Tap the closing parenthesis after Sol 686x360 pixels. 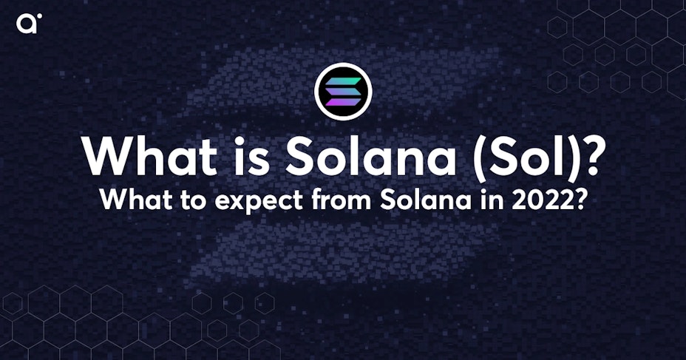coord(571,158)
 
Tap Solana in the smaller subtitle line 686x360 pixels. coord(426,200)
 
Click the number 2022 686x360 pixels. coord(541,200)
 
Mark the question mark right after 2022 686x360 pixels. coord(579,200)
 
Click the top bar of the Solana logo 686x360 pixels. coord(344,81)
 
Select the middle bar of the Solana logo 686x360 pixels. coord(344,92)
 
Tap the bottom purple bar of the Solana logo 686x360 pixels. coord(344,102)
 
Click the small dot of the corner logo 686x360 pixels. coord(40,16)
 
